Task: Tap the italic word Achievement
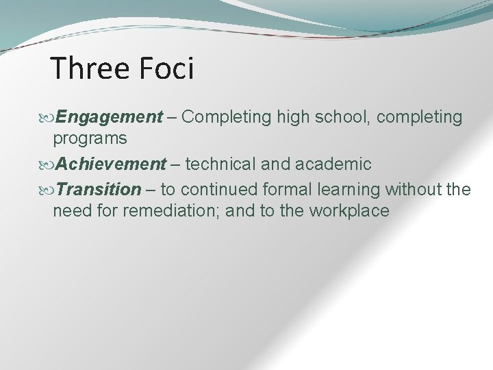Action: (111, 164)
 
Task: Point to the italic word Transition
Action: (99, 188)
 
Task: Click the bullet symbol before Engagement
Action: (48, 118)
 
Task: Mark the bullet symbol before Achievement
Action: (48, 165)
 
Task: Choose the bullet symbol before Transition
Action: (48, 189)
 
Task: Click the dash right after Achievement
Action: (175, 164)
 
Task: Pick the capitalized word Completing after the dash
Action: (229, 117)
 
